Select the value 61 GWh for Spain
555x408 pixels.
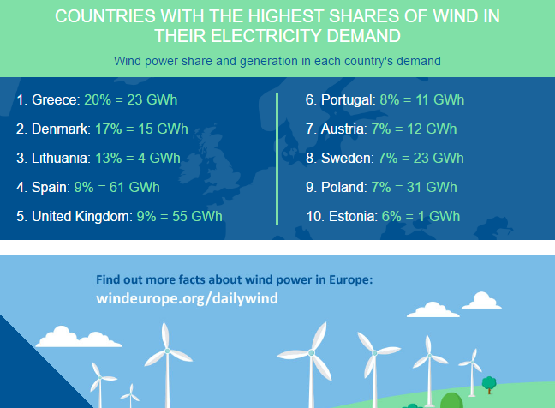[134, 188]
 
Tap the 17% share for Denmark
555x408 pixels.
[109, 129]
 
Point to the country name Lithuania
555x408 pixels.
[61, 158]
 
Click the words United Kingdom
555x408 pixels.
[81, 216]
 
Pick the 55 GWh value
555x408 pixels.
[197, 216]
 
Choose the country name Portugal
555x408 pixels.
[348, 100]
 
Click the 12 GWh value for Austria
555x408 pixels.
[432, 129]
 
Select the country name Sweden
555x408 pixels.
[347, 158]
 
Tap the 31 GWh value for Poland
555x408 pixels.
[432, 188]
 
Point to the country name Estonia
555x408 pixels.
[353, 216]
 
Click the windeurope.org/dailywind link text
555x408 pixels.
[187, 298]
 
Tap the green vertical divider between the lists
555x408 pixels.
[277, 159]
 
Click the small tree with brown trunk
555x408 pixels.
[489, 385]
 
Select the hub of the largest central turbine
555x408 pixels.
[312, 352]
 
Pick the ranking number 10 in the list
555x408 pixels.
[314, 216]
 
